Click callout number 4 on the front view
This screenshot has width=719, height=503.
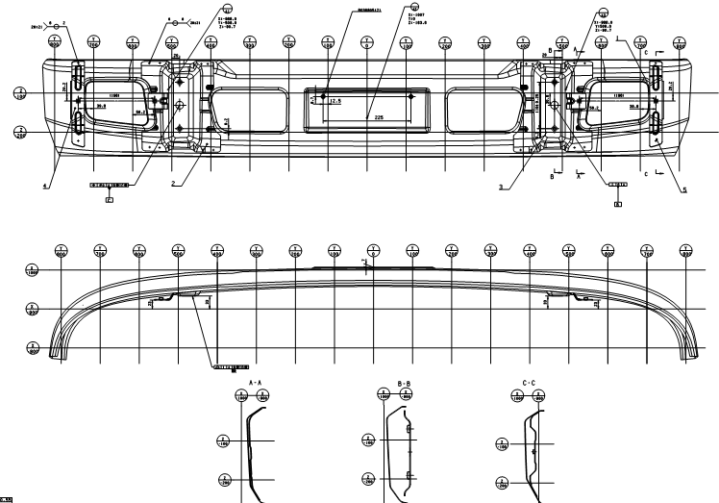pos(45,186)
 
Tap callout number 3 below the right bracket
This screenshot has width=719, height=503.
pos(500,188)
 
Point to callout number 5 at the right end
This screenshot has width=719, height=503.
pos(683,189)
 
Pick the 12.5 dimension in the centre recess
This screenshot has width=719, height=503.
pos(335,100)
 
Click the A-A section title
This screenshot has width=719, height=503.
pos(255,383)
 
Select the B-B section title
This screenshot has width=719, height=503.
pos(404,383)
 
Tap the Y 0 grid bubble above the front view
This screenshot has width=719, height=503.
pos(366,44)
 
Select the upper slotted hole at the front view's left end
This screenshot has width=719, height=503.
pos(78,75)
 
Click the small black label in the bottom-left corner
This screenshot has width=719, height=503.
pos(7,498)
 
